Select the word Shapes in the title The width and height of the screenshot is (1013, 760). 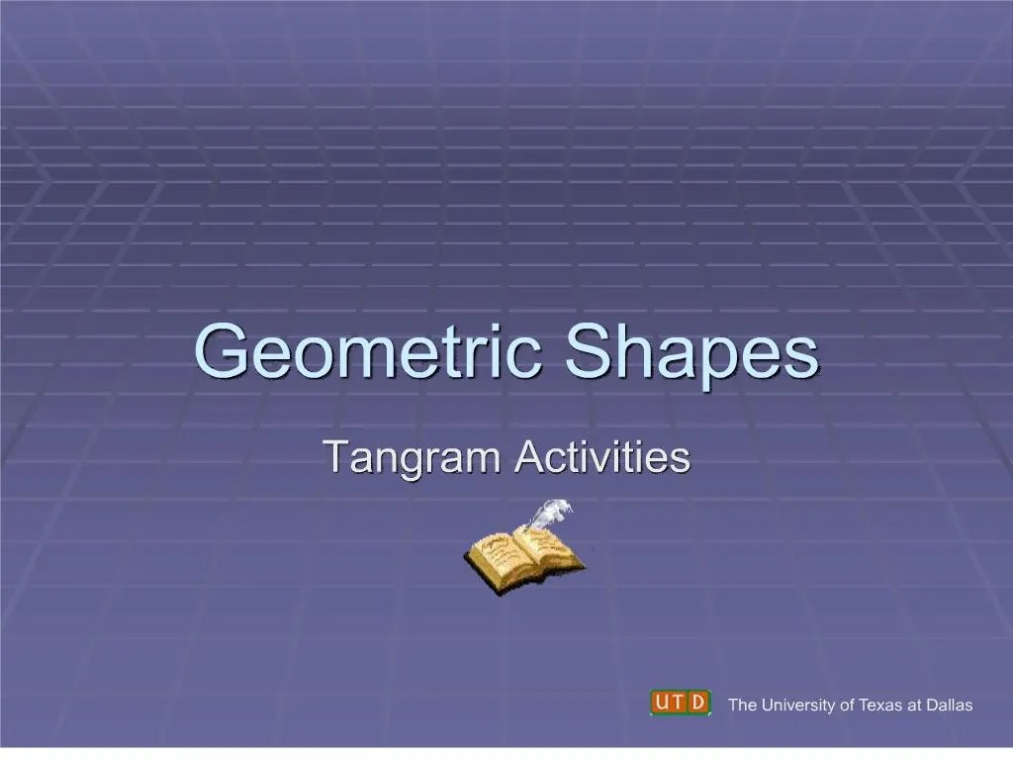click(x=691, y=353)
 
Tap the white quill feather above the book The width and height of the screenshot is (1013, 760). click(x=549, y=514)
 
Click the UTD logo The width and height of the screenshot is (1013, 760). click(x=681, y=702)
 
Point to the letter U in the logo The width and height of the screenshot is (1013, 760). click(x=662, y=702)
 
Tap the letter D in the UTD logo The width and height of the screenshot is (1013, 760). click(x=699, y=702)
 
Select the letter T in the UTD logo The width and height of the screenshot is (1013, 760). click(x=681, y=702)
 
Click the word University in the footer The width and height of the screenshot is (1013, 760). click(x=796, y=706)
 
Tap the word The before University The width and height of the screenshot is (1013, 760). click(x=741, y=706)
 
